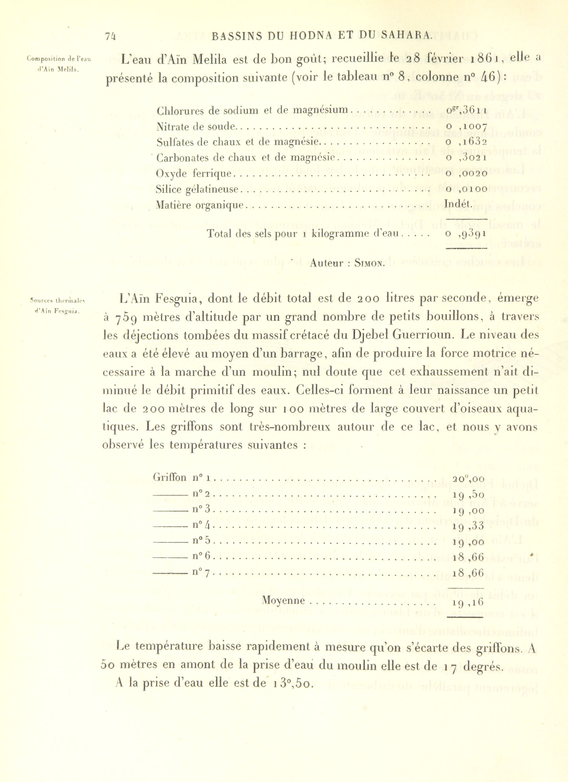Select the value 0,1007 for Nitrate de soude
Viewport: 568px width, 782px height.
pyautogui.click(x=466, y=127)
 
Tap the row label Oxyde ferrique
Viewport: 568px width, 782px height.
pyautogui.click(x=193, y=174)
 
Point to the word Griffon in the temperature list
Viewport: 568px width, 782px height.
pyautogui.click(x=170, y=478)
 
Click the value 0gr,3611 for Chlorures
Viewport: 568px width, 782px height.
pyautogui.click(x=466, y=111)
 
